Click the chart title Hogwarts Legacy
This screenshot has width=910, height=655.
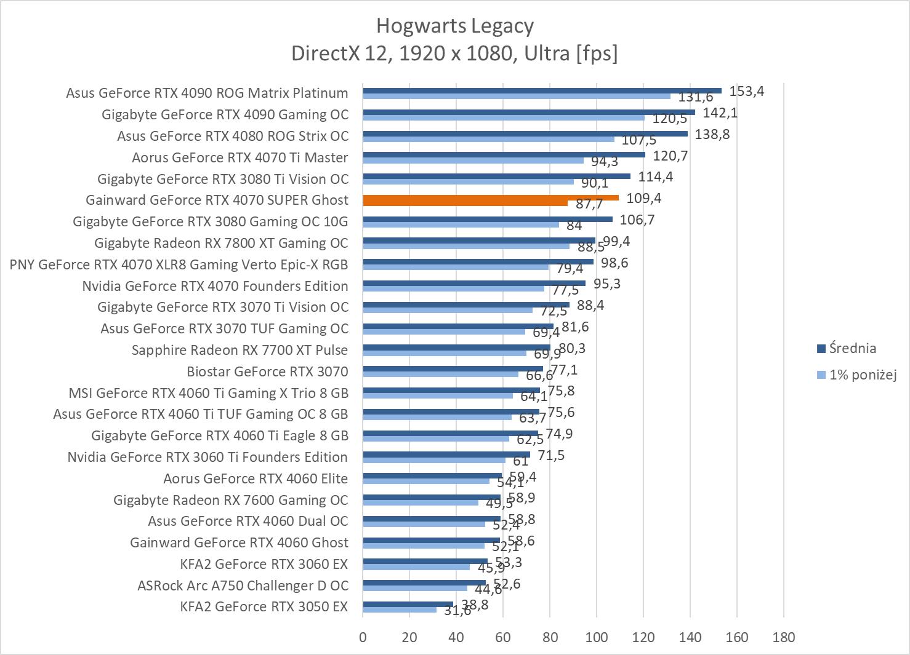pyautogui.click(x=454, y=26)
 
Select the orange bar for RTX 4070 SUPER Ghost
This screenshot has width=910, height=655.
pyautogui.click(x=490, y=198)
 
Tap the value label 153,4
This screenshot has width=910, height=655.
pyautogui.click(x=746, y=92)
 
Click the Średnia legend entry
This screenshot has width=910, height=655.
pyautogui.click(x=852, y=349)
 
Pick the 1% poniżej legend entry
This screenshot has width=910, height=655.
pyautogui.click(x=862, y=375)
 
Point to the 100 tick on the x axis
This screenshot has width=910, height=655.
pyautogui.click(x=596, y=637)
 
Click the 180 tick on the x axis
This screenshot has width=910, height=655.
pyautogui.click(x=783, y=637)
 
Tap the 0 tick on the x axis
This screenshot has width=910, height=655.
pyautogui.click(x=363, y=637)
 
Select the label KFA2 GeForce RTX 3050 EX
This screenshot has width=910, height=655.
pyautogui.click(x=264, y=606)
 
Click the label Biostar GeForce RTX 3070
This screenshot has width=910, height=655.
pyautogui.click(x=267, y=371)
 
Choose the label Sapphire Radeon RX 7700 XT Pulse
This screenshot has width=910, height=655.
pyautogui.click(x=240, y=350)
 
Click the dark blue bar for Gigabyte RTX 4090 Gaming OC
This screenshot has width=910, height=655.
pyautogui.click(x=528, y=112)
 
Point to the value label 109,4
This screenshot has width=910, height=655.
pyautogui.click(x=643, y=198)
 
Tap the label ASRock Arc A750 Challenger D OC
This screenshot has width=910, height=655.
pyautogui.click(x=243, y=586)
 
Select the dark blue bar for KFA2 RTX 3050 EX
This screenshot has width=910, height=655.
pyautogui.click(x=408, y=605)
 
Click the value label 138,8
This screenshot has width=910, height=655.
pyautogui.click(x=712, y=134)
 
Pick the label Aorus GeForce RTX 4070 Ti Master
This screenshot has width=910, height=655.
pyautogui.click(x=240, y=157)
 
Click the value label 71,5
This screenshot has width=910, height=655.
pyautogui.click(x=551, y=455)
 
